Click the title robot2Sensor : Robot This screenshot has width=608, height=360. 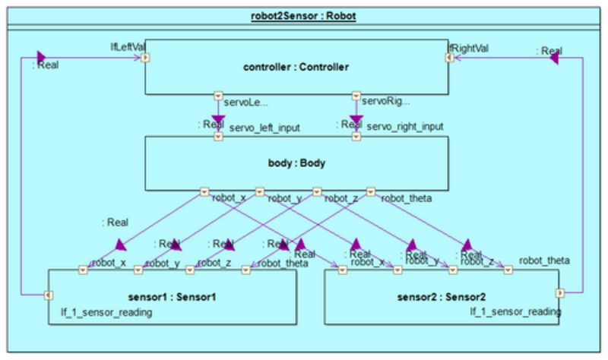point(302,14)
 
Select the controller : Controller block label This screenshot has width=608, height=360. point(296,68)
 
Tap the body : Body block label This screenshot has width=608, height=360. point(296,163)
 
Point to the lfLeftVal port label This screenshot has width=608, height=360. point(127,47)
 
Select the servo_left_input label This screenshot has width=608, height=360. point(265,128)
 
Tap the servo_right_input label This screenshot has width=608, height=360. point(405,128)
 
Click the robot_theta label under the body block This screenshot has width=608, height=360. point(407,198)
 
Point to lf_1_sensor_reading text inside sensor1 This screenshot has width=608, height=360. point(102,312)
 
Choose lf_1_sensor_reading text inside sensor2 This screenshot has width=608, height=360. point(515,311)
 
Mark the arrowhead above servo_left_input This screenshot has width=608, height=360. point(219,118)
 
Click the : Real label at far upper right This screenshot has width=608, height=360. point(549,52)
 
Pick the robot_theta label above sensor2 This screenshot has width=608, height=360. point(544,261)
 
